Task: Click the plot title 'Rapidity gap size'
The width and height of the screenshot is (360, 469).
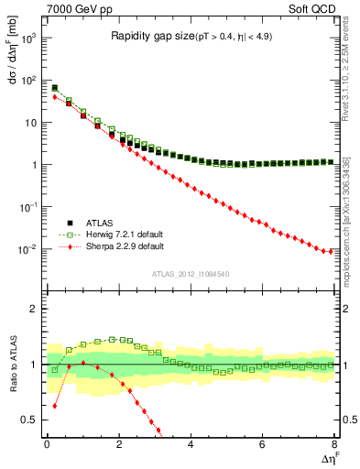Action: (149, 37)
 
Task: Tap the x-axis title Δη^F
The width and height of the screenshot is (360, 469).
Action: (330, 459)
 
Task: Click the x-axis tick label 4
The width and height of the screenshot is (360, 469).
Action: (191, 445)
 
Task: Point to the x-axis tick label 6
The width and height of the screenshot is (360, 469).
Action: (262, 445)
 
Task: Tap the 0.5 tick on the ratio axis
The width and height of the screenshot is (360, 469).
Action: (30, 420)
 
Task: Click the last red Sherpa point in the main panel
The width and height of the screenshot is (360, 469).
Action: (330, 251)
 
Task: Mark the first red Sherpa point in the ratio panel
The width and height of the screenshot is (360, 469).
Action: (55, 405)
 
